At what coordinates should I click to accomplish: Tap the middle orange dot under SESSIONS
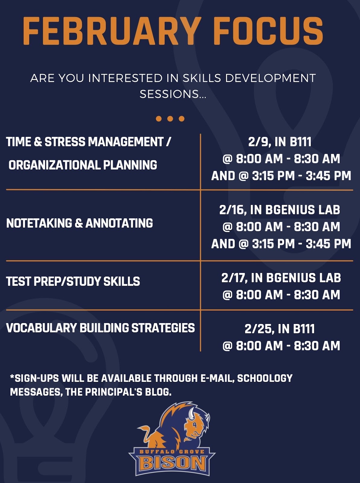point(170,119)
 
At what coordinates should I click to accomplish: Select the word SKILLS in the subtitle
point(202,78)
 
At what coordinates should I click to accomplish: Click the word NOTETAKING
point(39,223)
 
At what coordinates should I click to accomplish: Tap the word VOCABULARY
point(41,328)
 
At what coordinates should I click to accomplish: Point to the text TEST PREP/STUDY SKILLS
point(73,281)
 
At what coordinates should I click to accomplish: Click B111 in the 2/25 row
point(304,329)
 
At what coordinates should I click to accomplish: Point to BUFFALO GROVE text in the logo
point(172,452)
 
